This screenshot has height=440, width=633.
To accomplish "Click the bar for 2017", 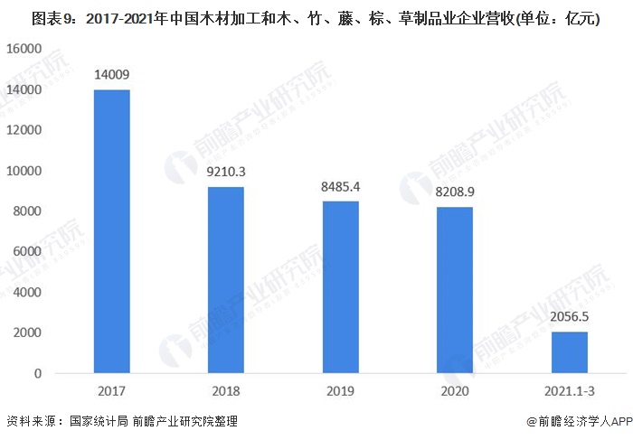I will (x=112, y=231).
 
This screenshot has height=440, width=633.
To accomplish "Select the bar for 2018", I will (x=226, y=280).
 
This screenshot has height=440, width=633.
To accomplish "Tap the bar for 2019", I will (x=341, y=287).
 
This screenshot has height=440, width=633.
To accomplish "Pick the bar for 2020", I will (x=455, y=290).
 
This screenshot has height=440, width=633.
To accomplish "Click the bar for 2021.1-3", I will (x=570, y=352).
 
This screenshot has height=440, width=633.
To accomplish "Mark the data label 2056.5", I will (x=570, y=318).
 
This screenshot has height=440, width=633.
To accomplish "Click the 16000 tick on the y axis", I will (x=24, y=50).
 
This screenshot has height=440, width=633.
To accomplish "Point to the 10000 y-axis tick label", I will (x=24, y=171).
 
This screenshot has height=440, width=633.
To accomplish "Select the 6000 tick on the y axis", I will (x=28, y=252).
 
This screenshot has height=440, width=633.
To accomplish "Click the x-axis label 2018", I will (x=226, y=391).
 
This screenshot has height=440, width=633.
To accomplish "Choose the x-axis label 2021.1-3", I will (x=570, y=391).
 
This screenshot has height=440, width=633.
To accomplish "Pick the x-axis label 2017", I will (x=112, y=391).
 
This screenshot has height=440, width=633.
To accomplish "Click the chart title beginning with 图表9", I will (x=316, y=17).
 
